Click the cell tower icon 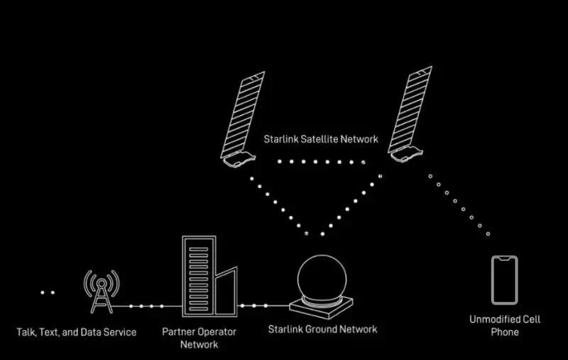coord(102,292)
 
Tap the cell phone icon coord(505,280)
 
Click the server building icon coord(209,276)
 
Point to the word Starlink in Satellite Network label coord(280,139)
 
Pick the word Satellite coord(319,139)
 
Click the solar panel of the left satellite coord(243,115)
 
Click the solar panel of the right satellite coord(410,109)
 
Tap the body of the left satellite coord(239,159)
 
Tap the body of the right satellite coord(407,154)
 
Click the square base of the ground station coord(322,307)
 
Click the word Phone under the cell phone coord(505,332)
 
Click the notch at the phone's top coord(505,259)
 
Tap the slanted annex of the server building coord(226,292)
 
